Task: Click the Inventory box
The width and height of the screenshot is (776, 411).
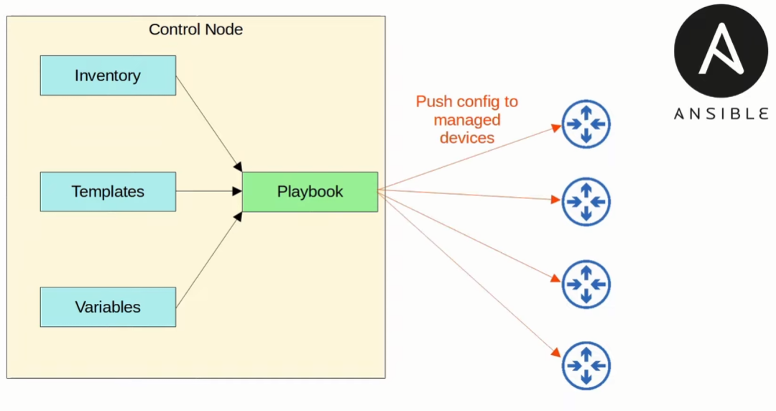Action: pyautogui.click(x=108, y=75)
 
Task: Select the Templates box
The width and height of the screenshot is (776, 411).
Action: pyautogui.click(x=108, y=192)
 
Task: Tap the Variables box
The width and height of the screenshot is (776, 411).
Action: pyautogui.click(x=108, y=307)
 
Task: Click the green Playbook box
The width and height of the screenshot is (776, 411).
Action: pyautogui.click(x=310, y=192)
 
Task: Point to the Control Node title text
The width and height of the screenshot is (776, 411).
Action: pyautogui.click(x=195, y=29)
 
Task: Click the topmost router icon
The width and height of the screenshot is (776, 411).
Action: pyautogui.click(x=586, y=124)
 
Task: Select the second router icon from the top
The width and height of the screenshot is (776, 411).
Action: pyautogui.click(x=586, y=202)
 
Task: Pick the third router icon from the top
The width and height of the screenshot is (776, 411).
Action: pyautogui.click(x=586, y=285)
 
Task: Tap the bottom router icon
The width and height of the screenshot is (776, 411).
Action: pyautogui.click(x=586, y=366)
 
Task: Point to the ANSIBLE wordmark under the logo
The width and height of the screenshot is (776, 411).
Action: pyautogui.click(x=721, y=114)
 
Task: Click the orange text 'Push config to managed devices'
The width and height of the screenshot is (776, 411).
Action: pyautogui.click(x=467, y=119)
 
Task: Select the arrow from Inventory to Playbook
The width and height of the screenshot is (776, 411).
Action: pyautogui.click(x=208, y=121)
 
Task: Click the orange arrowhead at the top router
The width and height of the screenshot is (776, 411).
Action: pyautogui.click(x=556, y=128)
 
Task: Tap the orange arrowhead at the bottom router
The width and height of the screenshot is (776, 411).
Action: pyautogui.click(x=556, y=353)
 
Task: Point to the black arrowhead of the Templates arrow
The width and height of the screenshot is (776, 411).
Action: pyautogui.click(x=237, y=191)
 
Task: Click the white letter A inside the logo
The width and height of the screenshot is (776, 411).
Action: pyautogui.click(x=720, y=49)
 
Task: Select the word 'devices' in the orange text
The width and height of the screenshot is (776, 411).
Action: pyautogui.click(x=467, y=137)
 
